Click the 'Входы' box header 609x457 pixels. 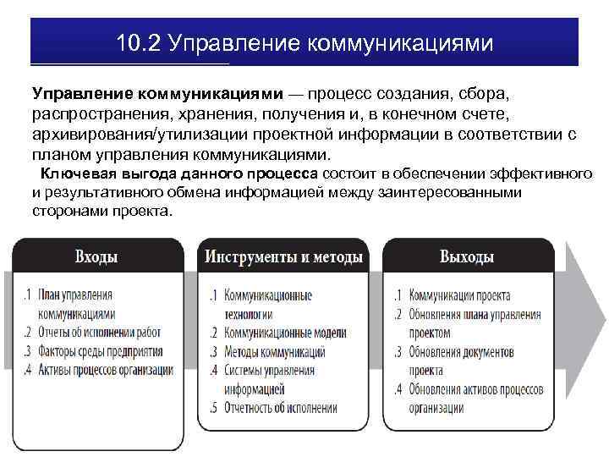tap(96, 256)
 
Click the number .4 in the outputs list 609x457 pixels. tap(398, 388)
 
